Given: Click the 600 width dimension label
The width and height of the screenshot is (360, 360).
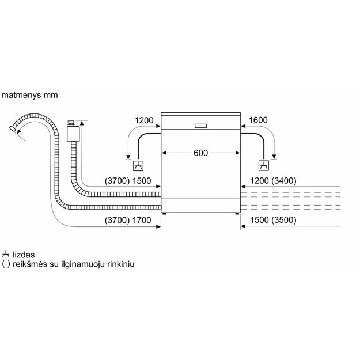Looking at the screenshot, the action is [x=200, y=153].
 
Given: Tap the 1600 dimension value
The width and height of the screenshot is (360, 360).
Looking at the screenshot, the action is [x=258, y=120].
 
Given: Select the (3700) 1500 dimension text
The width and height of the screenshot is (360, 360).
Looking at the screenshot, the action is [x=128, y=181].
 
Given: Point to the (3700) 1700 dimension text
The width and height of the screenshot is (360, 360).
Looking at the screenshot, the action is [x=128, y=221].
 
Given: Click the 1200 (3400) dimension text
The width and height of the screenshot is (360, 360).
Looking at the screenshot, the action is [x=273, y=181].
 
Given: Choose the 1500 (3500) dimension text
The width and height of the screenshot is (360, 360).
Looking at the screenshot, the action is [x=273, y=220].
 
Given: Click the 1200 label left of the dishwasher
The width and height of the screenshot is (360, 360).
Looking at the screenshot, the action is [x=144, y=120].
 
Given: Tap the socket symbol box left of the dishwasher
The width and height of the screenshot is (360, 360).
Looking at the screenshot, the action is [x=138, y=166].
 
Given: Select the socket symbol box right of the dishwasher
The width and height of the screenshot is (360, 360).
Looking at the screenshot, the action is [x=264, y=165].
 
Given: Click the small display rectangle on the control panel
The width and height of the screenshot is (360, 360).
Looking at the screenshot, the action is [x=200, y=126].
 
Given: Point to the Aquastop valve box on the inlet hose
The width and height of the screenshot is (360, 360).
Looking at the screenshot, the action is [x=73, y=134].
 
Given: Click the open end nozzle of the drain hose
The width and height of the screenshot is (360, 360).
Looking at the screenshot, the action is [x=13, y=128].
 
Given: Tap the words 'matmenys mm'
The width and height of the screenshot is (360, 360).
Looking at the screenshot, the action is [x=29, y=95].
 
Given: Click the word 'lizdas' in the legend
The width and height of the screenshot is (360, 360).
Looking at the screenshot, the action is [x=24, y=255].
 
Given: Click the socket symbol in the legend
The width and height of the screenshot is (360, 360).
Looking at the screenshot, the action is [x=6, y=254].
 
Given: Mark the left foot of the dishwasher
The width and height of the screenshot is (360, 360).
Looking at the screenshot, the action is [x=164, y=214].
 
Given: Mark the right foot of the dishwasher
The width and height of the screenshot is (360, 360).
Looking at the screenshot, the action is [x=237, y=214].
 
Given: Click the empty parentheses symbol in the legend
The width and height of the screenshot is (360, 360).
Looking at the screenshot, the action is [x=6, y=264].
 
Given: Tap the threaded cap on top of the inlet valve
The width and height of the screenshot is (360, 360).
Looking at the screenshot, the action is [x=71, y=123].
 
